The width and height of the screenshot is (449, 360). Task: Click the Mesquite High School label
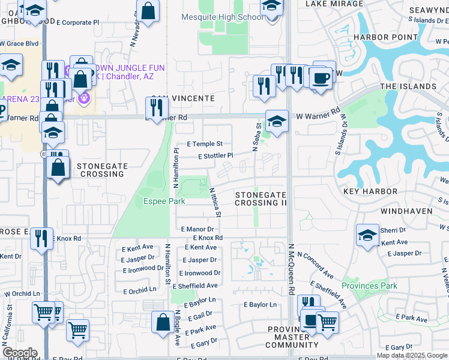[222, 17]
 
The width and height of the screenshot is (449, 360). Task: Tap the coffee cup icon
[321, 79]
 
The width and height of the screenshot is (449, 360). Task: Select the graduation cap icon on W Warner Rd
[276, 122]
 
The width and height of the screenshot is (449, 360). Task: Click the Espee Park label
[164, 202]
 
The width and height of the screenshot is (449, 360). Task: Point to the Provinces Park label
[369, 286]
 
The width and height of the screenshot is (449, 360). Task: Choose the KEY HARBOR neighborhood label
[370, 191]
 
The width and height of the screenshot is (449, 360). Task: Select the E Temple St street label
[205, 144]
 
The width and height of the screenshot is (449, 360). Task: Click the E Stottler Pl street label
[215, 156]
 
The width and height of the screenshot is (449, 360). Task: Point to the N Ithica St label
[215, 202]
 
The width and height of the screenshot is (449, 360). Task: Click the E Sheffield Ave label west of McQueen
[197, 286]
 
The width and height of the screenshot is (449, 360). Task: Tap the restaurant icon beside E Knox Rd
[41, 238]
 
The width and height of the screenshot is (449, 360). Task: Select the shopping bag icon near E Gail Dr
[163, 322]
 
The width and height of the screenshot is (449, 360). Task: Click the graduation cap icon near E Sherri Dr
[367, 235]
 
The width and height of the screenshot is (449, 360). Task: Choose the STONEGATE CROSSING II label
[261, 199]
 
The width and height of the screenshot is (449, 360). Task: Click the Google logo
[20, 353]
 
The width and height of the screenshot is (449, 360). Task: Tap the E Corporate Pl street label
[77, 22]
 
